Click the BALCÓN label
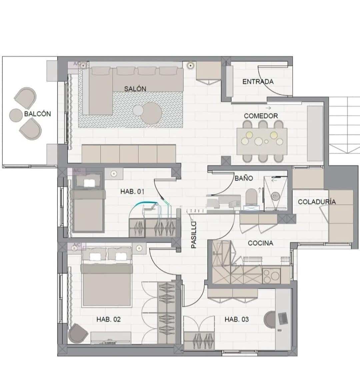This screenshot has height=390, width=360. coord(37,114)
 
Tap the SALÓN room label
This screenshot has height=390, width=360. coord(135,89)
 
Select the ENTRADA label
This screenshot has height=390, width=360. coord(258,81)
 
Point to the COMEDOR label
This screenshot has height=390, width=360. coord(261,116)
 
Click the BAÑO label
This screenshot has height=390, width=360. coord(244,178)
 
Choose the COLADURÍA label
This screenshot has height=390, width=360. coord(316,202)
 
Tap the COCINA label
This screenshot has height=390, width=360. coord(260,243)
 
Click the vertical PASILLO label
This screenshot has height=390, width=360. coord(194,235)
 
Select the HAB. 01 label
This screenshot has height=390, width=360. coord(132,192)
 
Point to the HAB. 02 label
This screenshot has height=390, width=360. coord(108,319)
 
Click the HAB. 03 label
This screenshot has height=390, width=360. coord(236,319)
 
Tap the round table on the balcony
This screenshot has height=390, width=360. coord(16,115)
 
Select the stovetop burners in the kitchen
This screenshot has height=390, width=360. coord(271,275)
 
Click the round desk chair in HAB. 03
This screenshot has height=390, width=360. coord(270,319)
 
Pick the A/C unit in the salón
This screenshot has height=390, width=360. coord(78,64)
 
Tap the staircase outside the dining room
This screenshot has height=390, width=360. coord(344,125)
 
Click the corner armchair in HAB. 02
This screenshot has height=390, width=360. coord(78,332)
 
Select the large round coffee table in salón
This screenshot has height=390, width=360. coord(151,113)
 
